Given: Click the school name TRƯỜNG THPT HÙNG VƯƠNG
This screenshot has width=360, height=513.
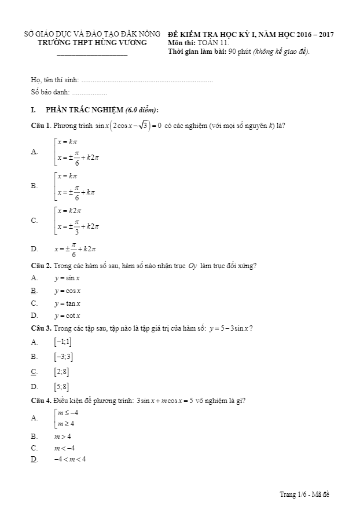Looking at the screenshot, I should tap(93, 43).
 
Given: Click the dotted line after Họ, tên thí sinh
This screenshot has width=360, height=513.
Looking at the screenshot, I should tap(147, 80).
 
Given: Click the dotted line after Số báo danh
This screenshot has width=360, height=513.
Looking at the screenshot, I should tap(90, 92).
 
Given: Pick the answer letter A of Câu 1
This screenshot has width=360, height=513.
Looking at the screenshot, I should tap(34, 152).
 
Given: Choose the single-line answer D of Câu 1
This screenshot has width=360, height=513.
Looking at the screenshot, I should tap(75, 249).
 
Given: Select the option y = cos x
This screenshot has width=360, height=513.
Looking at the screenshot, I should tap(68, 291).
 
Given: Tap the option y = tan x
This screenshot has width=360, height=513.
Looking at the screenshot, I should tap(68, 303).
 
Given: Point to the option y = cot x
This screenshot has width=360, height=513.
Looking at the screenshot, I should tap(68, 316).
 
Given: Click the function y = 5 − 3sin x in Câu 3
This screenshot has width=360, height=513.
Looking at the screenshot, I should tap(230, 329).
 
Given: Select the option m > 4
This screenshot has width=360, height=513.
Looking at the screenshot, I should tap(63, 436).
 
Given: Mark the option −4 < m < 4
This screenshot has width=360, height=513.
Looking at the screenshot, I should tap(70, 459).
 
